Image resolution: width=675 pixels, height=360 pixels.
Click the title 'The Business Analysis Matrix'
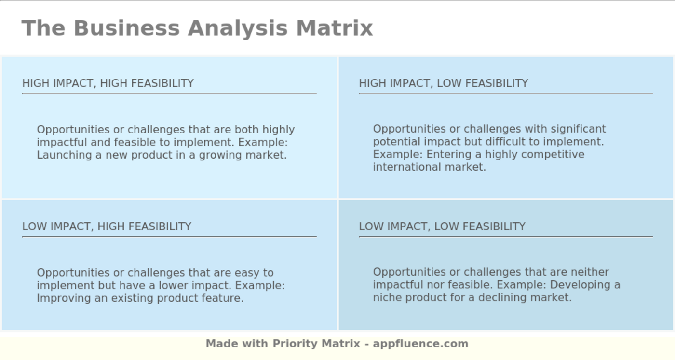(197, 28)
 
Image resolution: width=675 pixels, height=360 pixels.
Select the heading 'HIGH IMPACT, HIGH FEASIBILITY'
(108, 83)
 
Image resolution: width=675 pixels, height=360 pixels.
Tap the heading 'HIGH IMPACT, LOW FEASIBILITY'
(443, 83)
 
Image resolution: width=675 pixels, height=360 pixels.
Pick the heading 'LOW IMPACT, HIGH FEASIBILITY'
(107, 227)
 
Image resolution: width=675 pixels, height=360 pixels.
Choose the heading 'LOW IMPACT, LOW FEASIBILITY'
(442, 227)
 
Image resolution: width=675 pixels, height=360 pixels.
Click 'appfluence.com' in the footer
(420, 344)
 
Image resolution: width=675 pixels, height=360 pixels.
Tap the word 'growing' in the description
(220, 155)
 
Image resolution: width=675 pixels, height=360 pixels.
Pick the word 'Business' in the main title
(126, 28)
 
